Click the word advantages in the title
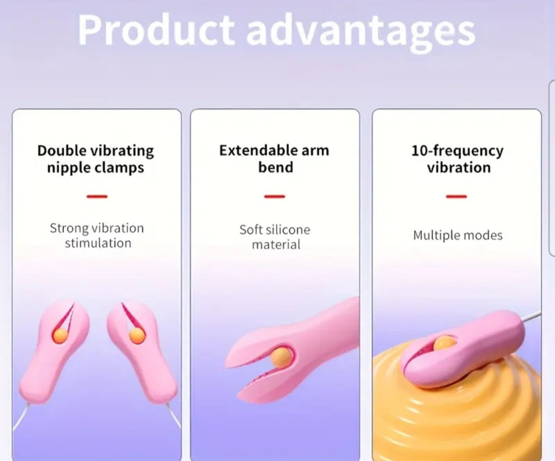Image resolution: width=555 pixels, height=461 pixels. [x=361, y=33]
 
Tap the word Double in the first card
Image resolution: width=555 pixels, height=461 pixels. [x=62, y=150]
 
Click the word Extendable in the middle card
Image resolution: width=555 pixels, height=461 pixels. [x=258, y=150]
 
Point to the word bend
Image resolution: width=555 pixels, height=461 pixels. [x=276, y=167]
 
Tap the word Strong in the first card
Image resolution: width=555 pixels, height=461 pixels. [x=69, y=229]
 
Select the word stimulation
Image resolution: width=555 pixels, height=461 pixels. [x=98, y=243]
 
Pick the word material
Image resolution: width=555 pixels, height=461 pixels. [x=276, y=245]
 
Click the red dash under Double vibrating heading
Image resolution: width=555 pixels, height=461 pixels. [x=97, y=197]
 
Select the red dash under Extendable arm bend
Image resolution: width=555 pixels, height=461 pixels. [x=274, y=197]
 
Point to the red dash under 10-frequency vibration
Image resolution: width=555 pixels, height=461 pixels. [x=457, y=197]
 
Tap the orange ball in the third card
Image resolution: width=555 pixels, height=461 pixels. [x=444, y=343]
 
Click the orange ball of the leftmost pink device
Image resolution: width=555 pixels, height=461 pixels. [x=61, y=336]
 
